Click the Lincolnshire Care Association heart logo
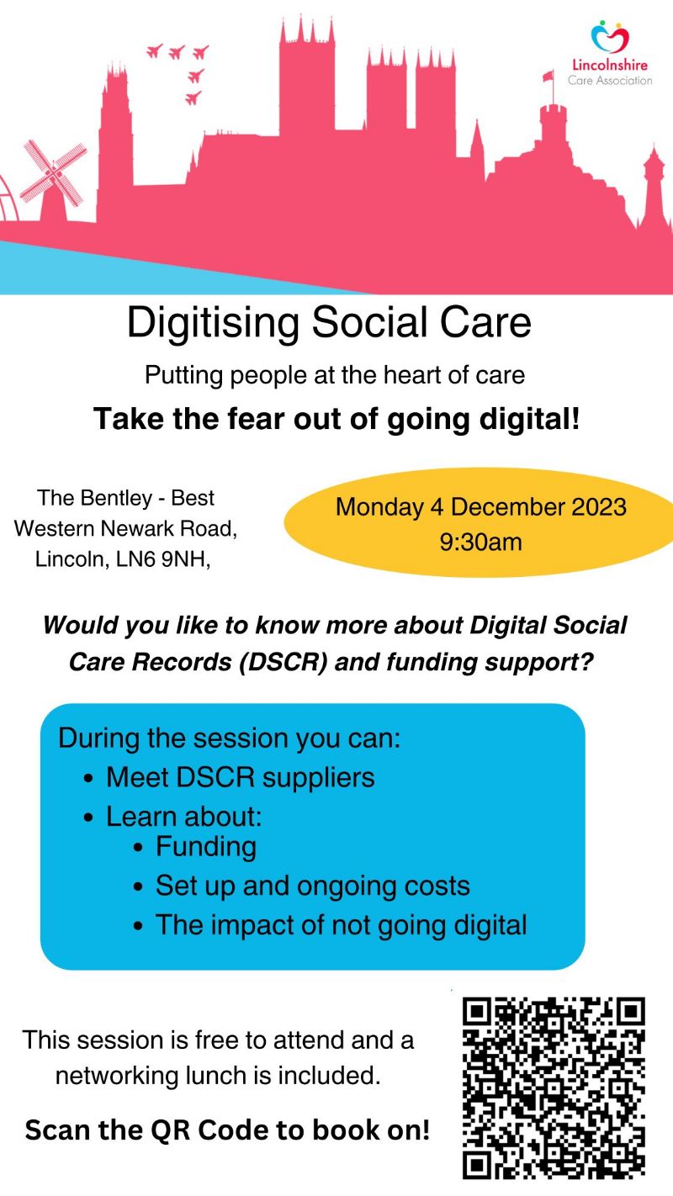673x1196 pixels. pyautogui.click(x=610, y=37)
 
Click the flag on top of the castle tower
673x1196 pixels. pyautogui.click(x=548, y=77)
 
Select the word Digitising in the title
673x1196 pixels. pyautogui.click(x=213, y=324)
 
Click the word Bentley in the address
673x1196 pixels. pyautogui.click(x=116, y=499)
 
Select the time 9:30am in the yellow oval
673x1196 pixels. pyautogui.click(x=480, y=542)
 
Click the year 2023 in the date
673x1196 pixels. pyautogui.click(x=599, y=506)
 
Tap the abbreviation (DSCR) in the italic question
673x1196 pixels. pyautogui.click(x=284, y=662)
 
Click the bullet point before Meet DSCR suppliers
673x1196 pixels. pyautogui.click(x=88, y=779)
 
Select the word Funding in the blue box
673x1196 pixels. pyautogui.click(x=205, y=847)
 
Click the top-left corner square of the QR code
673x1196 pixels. pyautogui.click(x=476, y=1011)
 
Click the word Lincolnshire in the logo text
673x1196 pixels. pyautogui.click(x=610, y=65)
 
